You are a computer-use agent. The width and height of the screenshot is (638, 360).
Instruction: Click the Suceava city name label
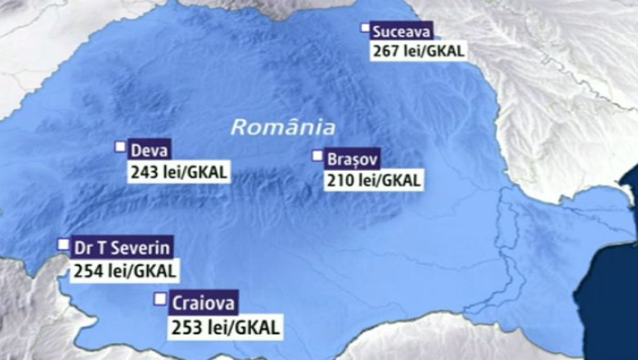coord(401,33)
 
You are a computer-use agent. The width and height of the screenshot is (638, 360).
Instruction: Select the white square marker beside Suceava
coord(366,29)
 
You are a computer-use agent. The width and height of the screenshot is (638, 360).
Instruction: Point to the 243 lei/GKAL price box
coord(177,173)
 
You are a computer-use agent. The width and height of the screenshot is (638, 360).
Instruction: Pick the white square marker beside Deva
coord(119,147)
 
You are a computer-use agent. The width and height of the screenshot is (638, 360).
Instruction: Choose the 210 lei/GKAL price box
coord(374,181)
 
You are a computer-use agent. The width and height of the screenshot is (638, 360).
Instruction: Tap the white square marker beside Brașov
coord(317,155)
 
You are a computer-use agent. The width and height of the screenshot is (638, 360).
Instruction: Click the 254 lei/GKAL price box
coord(124,269)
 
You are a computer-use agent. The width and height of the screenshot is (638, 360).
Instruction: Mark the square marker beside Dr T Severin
coord(63,244)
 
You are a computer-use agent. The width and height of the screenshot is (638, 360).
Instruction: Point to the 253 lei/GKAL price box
coord(224,326)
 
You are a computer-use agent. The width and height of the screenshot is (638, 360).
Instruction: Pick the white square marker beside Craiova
coord(159,299)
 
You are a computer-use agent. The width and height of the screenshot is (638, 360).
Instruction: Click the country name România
coord(282,128)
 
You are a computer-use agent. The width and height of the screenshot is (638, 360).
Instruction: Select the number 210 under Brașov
coord(339,181)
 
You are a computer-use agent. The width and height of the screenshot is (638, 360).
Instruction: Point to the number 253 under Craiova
coord(186,326)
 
